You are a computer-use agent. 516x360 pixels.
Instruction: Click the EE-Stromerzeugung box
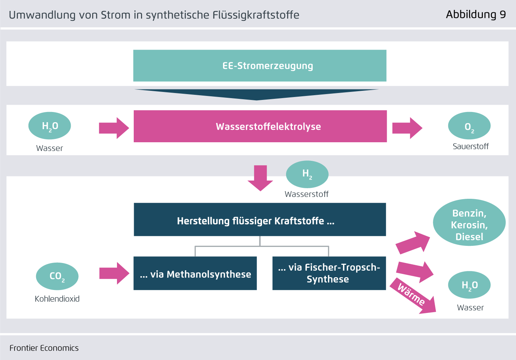(259, 66)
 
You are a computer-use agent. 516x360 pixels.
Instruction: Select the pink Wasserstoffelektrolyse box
(260, 126)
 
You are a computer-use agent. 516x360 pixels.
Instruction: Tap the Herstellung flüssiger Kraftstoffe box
(259, 219)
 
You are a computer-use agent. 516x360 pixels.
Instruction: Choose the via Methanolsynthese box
(195, 273)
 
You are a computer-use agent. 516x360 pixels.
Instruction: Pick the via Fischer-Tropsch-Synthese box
(329, 273)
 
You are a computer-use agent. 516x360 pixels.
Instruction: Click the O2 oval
(469, 126)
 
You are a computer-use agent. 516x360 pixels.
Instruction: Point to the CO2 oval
(57, 276)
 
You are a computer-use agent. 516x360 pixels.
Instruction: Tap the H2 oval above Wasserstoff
(307, 174)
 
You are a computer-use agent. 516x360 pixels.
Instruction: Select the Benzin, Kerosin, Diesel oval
(469, 222)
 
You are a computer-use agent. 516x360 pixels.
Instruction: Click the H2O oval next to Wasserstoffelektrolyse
(50, 126)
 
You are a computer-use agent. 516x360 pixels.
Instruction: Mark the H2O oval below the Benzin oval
(469, 285)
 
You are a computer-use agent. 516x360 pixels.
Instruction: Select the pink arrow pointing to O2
(407, 128)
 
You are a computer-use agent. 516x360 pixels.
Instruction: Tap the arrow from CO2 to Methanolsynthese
(114, 273)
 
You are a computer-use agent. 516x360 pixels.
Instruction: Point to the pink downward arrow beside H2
(260, 178)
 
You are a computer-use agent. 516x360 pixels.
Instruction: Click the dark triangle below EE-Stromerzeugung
(257, 94)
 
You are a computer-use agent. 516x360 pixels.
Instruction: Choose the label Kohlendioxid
(57, 299)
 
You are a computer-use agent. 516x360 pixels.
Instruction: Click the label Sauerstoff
(470, 147)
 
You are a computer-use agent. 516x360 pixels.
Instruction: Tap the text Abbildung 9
(476, 15)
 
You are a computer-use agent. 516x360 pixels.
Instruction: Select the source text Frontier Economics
(44, 348)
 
